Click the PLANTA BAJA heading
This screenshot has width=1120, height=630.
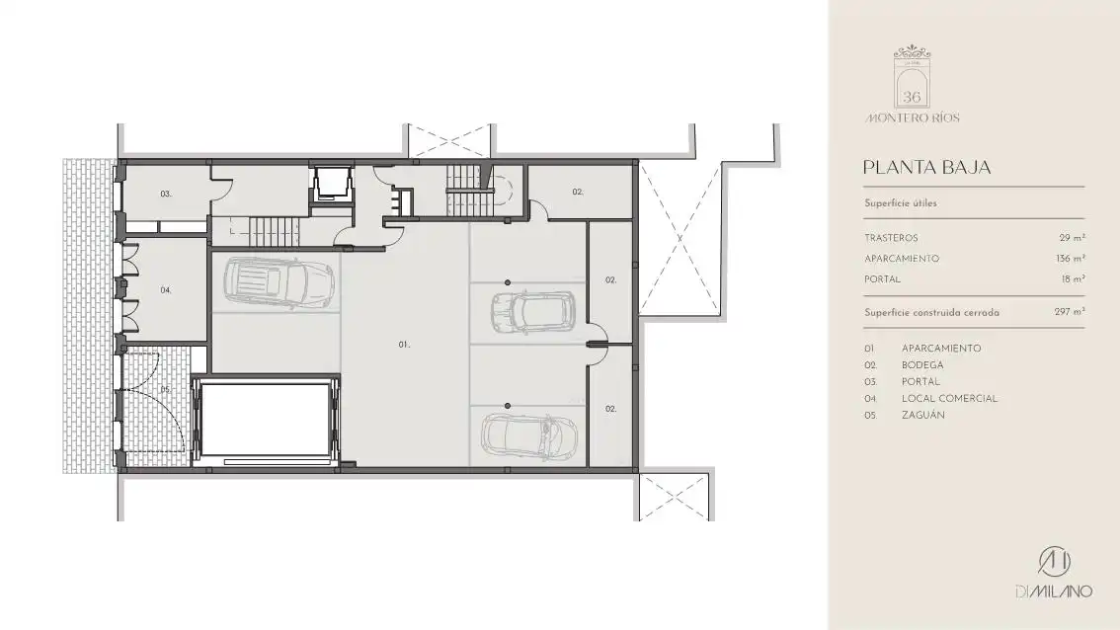[x=926, y=167]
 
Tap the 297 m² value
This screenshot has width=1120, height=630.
[x=1070, y=312]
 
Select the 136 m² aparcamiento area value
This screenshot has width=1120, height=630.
[x=1071, y=259]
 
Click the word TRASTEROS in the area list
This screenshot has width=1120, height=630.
[x=891, y=238]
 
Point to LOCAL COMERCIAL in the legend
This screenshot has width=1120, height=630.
[x=949, y=399]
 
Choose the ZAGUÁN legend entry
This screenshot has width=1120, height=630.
[x=922, y=415]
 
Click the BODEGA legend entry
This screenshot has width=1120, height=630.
[x=922, y=365]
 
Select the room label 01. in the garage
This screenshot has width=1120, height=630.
[x=404, y=345]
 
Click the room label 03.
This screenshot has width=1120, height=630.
[x=166, y=194]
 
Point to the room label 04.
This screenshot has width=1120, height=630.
[x=166, y=290]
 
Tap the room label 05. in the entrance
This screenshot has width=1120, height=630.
[x=166, y=389]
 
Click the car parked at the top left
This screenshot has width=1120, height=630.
[x=280, y=282]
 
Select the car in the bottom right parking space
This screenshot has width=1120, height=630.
[x=529, y=435]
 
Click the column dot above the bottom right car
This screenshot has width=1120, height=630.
[x=508, y=406]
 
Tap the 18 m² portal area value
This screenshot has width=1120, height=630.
[x=1073, y=279]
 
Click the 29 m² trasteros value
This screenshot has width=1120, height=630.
[x=1073, y=238]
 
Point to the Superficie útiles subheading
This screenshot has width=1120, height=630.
[x=901, y=202]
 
